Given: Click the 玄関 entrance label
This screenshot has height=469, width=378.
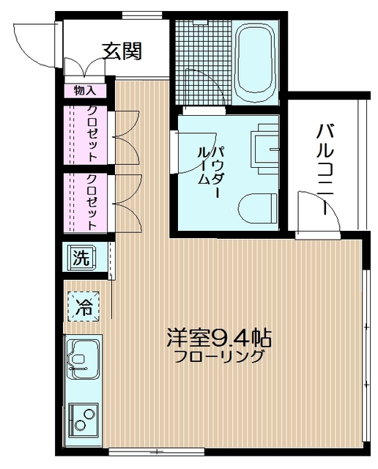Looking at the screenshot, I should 122,51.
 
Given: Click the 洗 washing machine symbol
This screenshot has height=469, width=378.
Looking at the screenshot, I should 81,257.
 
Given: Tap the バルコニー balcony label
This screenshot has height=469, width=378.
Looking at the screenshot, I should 325,169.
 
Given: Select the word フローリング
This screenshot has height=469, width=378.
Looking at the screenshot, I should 219,358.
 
